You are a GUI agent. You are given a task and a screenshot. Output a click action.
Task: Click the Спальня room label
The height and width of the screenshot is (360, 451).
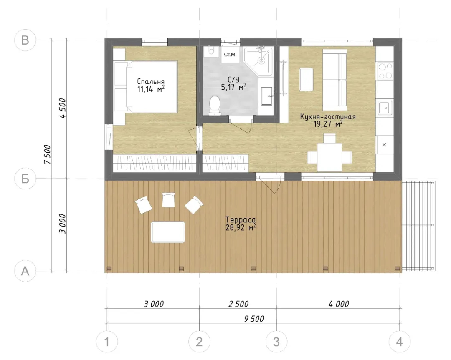tap(151, 82)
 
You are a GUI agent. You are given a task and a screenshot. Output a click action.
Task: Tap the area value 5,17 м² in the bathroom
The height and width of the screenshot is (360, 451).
tap(233, 87)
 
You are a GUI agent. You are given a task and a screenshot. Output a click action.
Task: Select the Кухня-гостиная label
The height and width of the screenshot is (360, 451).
tap(328, 117)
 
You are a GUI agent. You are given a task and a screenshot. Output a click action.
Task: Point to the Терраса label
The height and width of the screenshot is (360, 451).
tap(241, 220)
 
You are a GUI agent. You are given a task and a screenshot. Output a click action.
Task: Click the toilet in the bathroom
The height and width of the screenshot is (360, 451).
tap(215, 106)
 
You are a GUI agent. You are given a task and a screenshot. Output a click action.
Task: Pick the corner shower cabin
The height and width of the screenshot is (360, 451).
tap(258, 61)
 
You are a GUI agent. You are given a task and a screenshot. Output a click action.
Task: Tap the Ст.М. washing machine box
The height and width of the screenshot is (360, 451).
tap(230, 55)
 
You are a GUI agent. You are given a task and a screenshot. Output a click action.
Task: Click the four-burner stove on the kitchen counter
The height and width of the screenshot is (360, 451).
tap(385, 70)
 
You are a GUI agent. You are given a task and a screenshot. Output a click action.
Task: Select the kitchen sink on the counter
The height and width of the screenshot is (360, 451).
tap(385, 108)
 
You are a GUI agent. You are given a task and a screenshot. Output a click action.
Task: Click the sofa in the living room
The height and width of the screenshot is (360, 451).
tap(334, 80)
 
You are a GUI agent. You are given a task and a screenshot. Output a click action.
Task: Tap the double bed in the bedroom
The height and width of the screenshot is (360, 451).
tap(146, 86)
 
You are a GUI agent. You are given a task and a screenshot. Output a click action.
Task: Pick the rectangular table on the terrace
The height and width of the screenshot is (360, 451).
tap(168, 232)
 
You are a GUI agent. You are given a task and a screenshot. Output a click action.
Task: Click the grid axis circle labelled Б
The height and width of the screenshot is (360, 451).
tap(25, 179)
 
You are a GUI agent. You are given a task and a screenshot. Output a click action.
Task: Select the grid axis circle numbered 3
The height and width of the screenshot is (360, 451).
tap(276, 342)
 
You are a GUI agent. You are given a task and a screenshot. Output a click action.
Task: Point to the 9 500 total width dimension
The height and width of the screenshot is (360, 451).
tap(254, 319)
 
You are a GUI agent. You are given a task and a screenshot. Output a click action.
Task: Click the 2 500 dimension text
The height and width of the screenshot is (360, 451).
tap(238, 304)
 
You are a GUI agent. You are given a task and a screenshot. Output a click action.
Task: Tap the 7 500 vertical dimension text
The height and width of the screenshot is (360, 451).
tap(47, 154)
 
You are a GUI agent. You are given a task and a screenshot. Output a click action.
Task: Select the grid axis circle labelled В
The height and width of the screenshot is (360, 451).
tap(25, 40)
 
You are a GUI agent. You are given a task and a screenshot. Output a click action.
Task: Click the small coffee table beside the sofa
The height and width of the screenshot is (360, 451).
tap(307, 79)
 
